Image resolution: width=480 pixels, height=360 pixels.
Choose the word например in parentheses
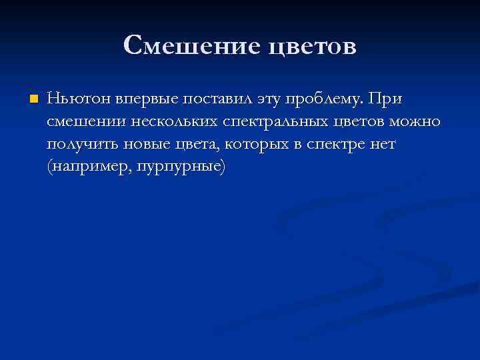[89, 167]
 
